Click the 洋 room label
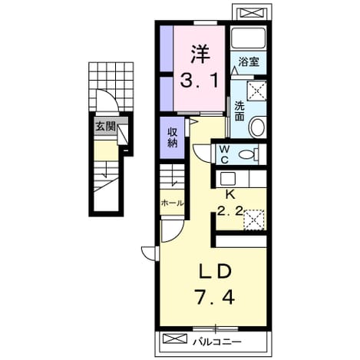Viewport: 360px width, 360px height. pos(200,54)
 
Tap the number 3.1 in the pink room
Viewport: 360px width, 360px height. pos(200,80)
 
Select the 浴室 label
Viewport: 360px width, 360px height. pos(249,61)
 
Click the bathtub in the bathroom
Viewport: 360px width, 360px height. pos(248,38)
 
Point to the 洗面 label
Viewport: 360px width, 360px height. pos(239,111)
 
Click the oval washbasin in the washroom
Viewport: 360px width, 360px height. pos(258,127)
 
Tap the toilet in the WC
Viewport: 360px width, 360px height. pos(248,154)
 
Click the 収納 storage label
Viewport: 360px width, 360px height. pos(173,138)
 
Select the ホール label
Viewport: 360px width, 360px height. pos(173,203)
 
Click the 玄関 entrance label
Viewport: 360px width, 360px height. pos(105,127)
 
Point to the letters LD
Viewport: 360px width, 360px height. pos(216,272)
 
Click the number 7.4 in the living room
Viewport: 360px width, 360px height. pos(215,296)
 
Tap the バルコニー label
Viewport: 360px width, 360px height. pos(217,342)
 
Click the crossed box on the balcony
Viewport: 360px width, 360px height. pos(175,339)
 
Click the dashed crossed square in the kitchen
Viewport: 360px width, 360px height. pos(253,220)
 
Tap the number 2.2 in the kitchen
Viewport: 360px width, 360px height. pos(230,211)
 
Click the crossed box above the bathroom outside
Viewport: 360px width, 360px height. pos(252,13)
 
